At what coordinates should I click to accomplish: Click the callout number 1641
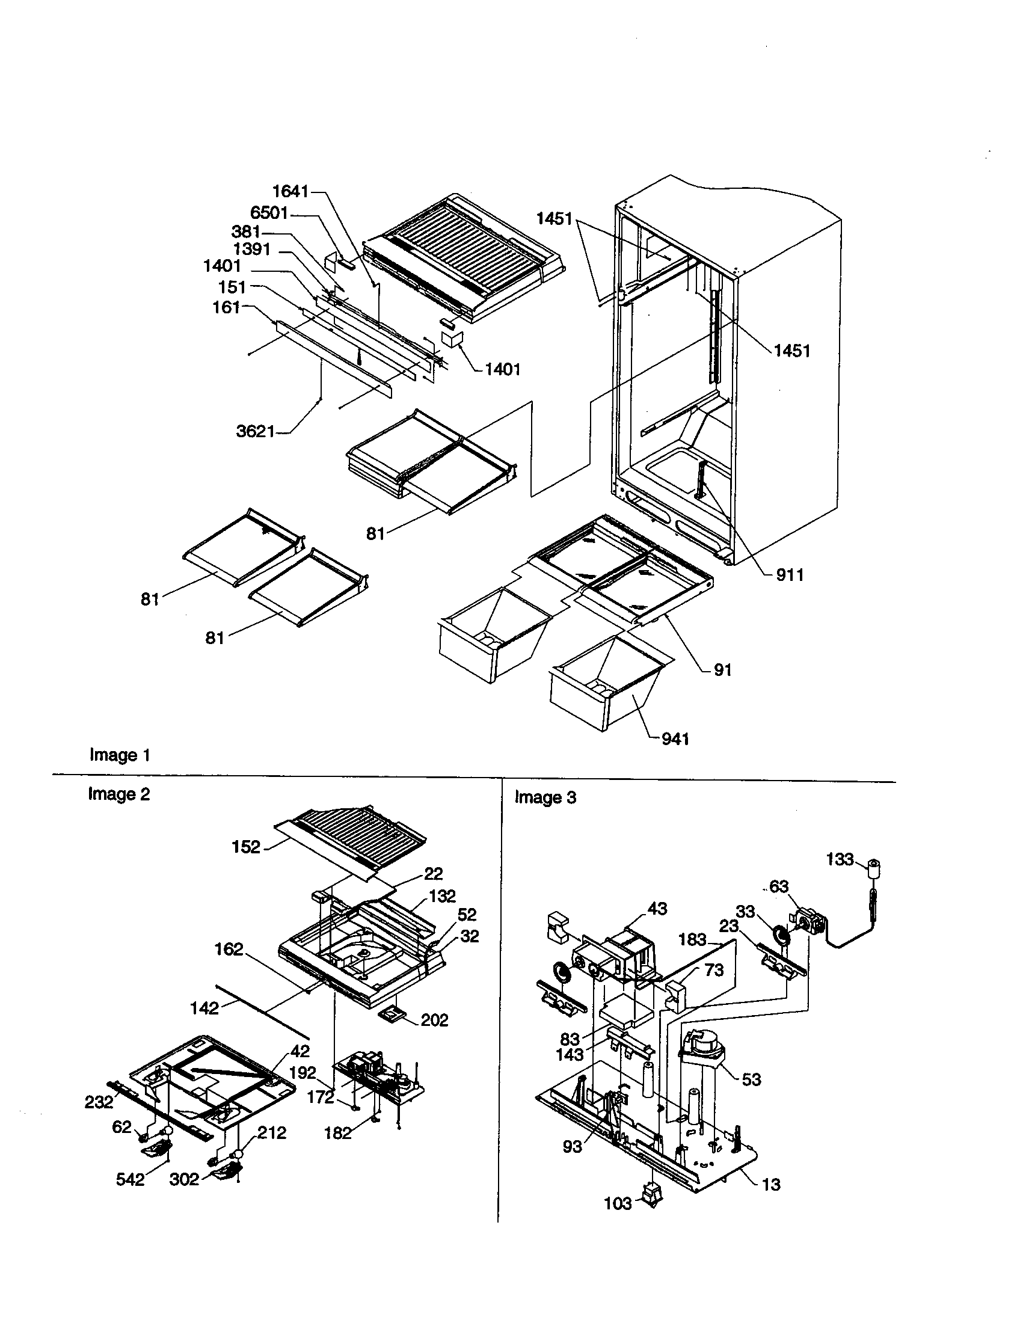(x=290, y=191)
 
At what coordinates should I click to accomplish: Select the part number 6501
(x=269, y=213)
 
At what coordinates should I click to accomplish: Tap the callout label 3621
(x=255, y=431)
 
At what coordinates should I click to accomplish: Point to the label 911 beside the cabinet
(x=790, y=575)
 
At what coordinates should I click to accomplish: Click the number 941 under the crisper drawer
(x=675, y=738)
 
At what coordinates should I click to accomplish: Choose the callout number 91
(x=723, y=670)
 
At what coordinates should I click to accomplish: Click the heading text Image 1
(x=119, y=755)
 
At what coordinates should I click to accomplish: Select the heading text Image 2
(x=118, y=794)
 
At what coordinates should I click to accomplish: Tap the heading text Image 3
(x=545, y=797)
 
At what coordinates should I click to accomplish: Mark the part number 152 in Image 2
(x=246, y=847)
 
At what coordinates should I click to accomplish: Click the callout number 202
(x=434, y=1020)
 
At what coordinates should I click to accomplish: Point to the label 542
(x=131, y=1179)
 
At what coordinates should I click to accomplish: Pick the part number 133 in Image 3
(x=840, y=859)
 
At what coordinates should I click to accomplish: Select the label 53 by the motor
(x=751, y=1079)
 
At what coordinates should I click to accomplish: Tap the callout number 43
(x=657, y=909)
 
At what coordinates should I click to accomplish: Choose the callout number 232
(x=99, y=1102)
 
